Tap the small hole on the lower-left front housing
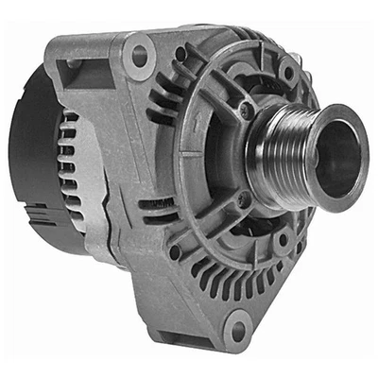(x=174, y=251)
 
